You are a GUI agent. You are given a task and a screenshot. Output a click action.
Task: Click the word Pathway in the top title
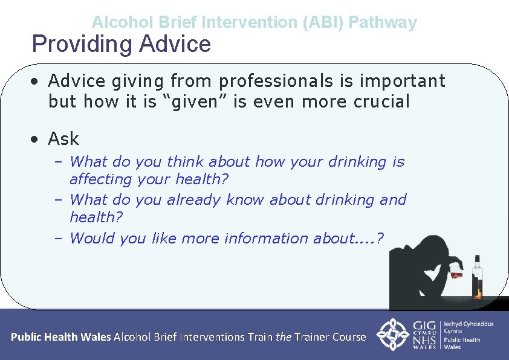coord(383,23)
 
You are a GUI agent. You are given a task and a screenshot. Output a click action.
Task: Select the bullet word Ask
coord(63,139)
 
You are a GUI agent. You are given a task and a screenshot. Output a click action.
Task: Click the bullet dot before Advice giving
coord(37,81)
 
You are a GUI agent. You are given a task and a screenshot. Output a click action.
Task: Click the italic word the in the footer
coord(284,337)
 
